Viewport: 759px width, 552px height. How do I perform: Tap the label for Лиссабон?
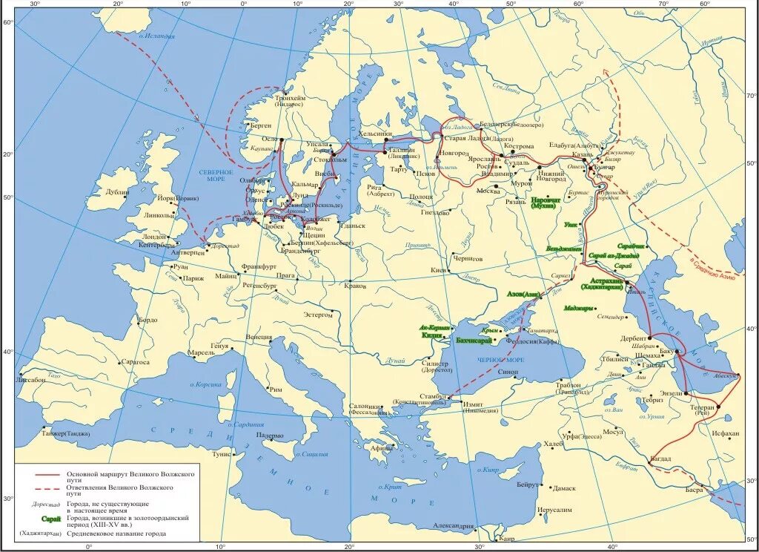tap(29, 379)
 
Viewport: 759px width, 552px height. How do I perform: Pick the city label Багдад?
tap(660, 459)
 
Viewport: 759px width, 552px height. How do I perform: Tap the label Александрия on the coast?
tap(454, 526)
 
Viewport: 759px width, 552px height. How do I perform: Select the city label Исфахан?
tap(724, 433)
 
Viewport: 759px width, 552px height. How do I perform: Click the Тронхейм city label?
tap(290, 98)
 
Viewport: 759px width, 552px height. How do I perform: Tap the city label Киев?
tap(438, 270)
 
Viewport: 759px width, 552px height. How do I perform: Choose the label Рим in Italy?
tap(275, 389)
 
